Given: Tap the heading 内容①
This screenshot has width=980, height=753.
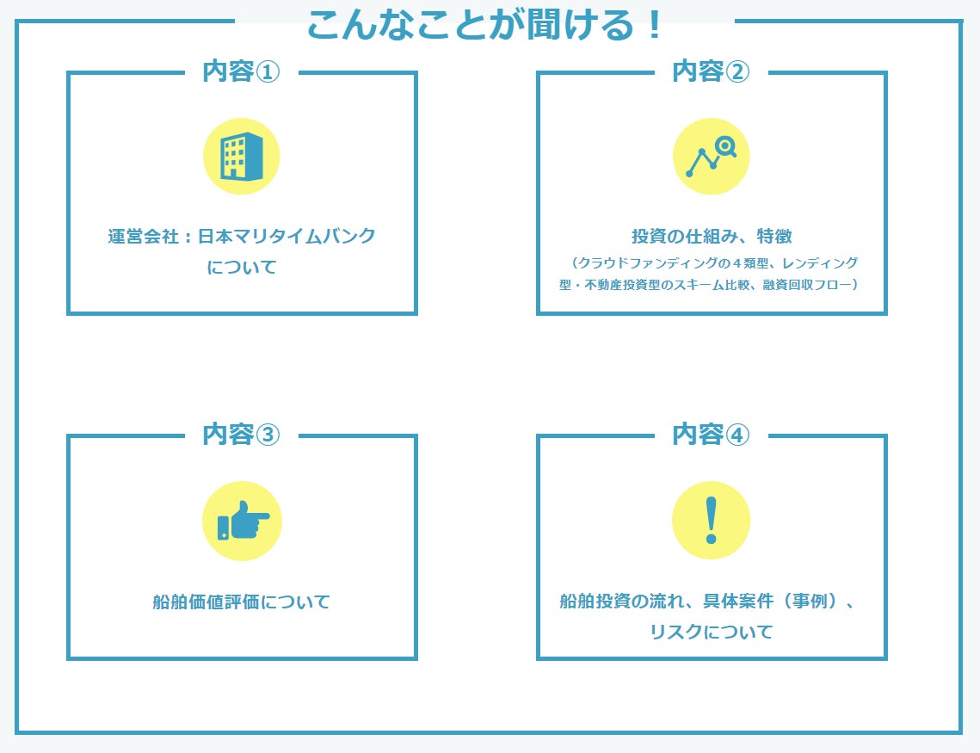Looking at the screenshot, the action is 242,71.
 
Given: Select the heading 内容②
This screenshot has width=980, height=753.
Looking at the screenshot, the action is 711,71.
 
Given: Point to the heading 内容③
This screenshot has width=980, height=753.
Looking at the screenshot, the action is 242,435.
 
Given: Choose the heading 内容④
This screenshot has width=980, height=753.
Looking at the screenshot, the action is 711,435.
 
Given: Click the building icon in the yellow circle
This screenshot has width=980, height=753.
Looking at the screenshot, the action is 242,157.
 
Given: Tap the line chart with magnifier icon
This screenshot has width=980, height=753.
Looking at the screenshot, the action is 711,157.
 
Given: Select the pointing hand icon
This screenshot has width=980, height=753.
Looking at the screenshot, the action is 242,521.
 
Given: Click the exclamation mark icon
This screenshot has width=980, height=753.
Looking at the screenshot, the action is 711,521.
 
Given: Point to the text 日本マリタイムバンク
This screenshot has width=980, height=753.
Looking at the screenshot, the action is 287,237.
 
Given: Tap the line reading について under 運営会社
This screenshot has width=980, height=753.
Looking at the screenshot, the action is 242,268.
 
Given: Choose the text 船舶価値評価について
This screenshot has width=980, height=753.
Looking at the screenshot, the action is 242,602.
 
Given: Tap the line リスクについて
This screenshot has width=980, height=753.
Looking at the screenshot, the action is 711,633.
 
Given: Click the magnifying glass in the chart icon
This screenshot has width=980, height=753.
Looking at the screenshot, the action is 726,147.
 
